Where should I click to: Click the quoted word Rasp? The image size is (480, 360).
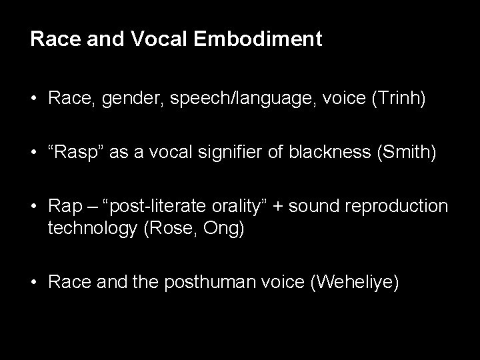tap(71, 153)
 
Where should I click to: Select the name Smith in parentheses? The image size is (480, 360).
tap(407, 153)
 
